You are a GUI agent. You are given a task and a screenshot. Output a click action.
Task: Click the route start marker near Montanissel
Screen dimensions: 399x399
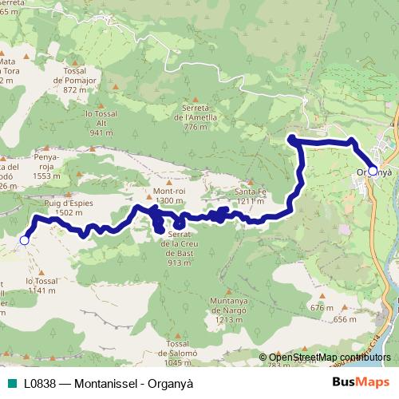point(24,239)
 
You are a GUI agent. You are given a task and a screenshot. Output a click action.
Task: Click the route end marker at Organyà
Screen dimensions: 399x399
point(373,171)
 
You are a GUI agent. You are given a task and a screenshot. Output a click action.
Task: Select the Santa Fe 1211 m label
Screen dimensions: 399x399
point(250,196)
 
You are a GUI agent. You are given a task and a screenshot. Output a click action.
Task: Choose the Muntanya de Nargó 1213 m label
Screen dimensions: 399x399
point(228,310)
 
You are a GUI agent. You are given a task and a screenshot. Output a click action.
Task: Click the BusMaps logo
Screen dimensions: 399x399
point(361,383)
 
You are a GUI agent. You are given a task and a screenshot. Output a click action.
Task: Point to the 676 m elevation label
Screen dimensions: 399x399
point(321,308)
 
